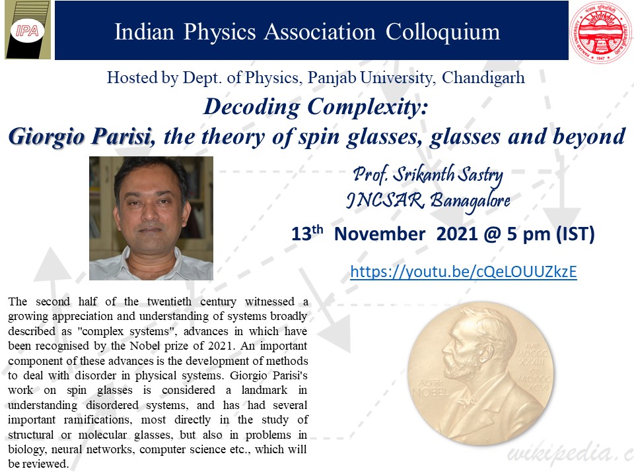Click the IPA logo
tap(28, 30)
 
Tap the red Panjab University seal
tap(601, 32)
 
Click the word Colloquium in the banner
tap(442, 33)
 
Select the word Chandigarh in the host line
tap(483, 78)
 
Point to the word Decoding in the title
tap(252, 108)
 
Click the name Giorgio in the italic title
tap(46, 137)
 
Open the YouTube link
tap(464, 272)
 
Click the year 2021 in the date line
tap(457, 234)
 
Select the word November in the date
tap(380, 234)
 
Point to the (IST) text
tap(575, 234)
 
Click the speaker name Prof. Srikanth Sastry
tap(428, 175)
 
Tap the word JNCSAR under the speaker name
tap(385, 200)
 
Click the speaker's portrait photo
tap(151, 218)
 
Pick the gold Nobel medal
tap(481, 374)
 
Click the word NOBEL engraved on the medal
tap(431, 391)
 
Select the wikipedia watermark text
tap(570, 453)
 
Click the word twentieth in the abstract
tap(170, 301)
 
